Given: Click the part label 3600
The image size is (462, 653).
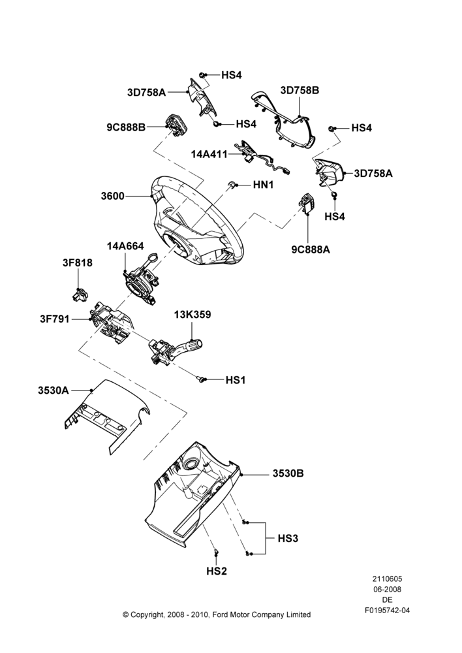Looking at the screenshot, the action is pyautogui.click(x=112, y=196).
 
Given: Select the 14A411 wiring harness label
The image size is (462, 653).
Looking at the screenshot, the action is pyautogui.click(x=209, y=154).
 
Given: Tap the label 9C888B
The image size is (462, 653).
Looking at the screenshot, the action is pyautogui.click(x=126, y=127).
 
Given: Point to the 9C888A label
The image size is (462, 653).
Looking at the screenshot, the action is pyautogui.click(x=311, y=249).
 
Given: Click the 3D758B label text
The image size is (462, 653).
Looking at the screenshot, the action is pyautogui.click(x=300, y=90).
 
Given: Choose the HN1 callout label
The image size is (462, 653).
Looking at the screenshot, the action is pyautogui.click(x=263, y=185).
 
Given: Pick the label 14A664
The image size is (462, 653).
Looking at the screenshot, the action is pyautogui.click(x=125, y=246).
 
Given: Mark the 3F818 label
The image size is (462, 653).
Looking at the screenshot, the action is pyautogui.click(x=78, y=263).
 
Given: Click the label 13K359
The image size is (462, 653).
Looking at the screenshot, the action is pyautogui.click(x=192, y=315).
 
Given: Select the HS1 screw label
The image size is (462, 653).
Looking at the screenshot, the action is pyautogui.click(x=236, y=380).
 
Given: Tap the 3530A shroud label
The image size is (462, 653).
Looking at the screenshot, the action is pyautogui.click(x=54, y=390).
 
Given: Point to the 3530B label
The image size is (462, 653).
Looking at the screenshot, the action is pyautogui.click(x=288, y=473).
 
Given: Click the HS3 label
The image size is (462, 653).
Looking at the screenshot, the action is pyautogui.click(x=288, y=538).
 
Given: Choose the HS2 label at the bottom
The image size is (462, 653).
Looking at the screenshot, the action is pyautogui.click(x=217, y=571).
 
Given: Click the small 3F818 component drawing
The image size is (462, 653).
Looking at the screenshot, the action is pyautogui.click(x=79, y=295).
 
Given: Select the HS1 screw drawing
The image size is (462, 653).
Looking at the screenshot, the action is pyautogui.click(x=202, y=379).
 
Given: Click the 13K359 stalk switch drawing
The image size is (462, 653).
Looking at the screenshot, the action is pyautogui.click(x=176, y=350).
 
